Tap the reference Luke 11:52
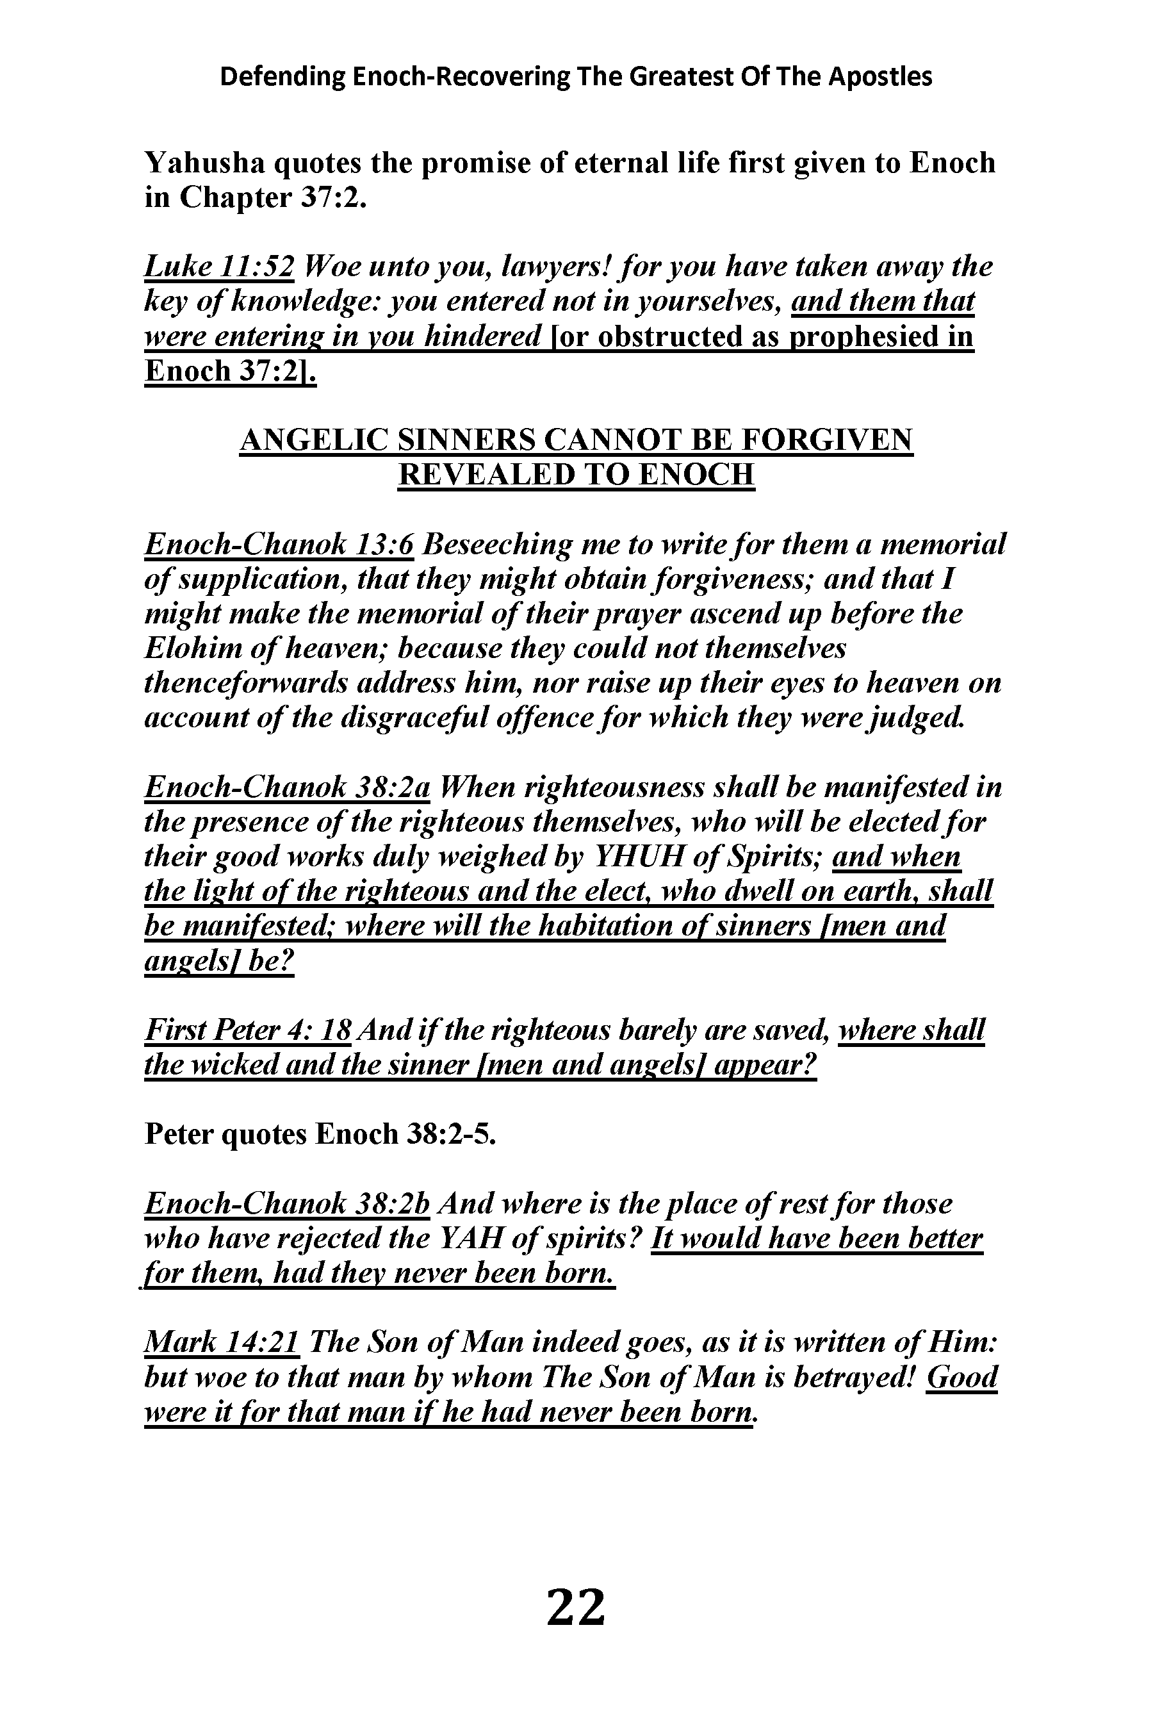click(219, 267)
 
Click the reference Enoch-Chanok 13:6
click(279, 544)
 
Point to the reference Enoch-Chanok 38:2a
click(287, 786)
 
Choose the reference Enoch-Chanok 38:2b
click(287, 1203)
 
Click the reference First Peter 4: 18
click(248, 1030)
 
